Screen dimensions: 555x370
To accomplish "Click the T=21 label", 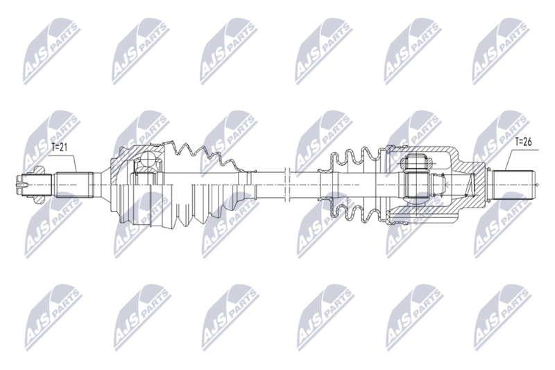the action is pyautogui.click(x=60, y=147).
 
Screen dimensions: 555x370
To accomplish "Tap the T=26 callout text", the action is pyautogui.click(x=523, y=142).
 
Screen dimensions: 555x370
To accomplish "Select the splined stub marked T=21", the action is pyautogui.click(x=74, y=185).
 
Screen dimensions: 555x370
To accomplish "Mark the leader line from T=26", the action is pyautogui.click(x=520, y=159).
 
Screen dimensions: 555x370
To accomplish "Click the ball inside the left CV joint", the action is pyautogui.click(x=148, y=159).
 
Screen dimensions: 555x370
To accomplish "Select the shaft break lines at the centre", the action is pyautogui.click(x=287, y=184).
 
